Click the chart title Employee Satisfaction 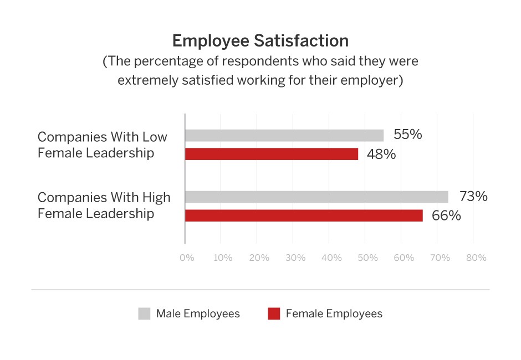coord(260,41)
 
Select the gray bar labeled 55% coord(284,135)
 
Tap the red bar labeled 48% coord(272,154)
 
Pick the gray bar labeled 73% coord(316,197)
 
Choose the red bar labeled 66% coord(304,215)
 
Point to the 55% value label coord(408,135)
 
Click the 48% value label coord(381,154)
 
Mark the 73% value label coord(473,196)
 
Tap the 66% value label coord(446,215)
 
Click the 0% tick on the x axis coord(187,258)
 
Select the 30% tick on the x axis coord(295,258)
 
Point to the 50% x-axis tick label coord(367,258)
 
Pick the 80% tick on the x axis coord(476,258)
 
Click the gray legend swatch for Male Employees coord(144,314)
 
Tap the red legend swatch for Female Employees coord(274,314)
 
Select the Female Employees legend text coord(334,314)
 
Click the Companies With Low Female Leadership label coord(103,145)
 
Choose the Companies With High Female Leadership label coord(104,205)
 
